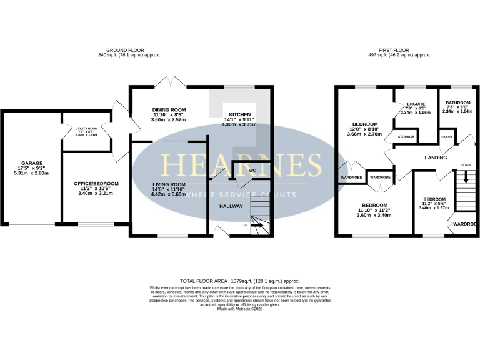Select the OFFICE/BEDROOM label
pos(96,183)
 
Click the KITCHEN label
pos(240,115)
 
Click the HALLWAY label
pos(231,206)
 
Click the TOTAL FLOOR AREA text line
pos(240,282)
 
